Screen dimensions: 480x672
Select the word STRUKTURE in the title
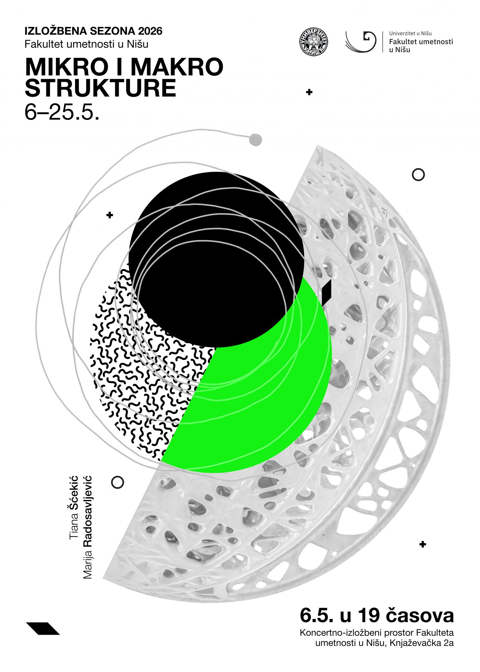(100, 88)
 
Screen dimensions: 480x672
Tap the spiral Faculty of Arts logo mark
(361, 41)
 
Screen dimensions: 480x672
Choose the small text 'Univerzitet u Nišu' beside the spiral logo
(410, 34)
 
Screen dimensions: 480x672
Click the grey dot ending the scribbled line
(255, 140)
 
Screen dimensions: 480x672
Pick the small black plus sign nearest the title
(309, 92)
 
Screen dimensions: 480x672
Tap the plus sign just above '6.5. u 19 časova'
(423, 544)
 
